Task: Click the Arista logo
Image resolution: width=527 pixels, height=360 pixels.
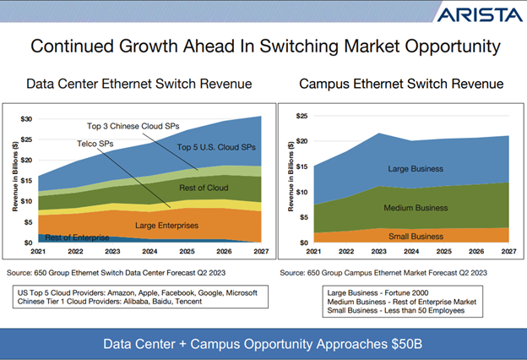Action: coord(479,15)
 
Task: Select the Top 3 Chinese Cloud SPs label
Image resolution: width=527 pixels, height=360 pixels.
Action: coord(137,124)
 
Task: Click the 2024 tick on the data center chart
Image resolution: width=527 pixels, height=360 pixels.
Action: coord(149,251)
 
